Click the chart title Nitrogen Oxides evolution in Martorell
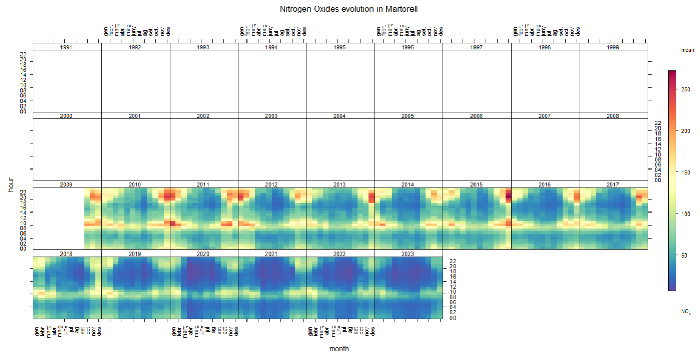[350, 9]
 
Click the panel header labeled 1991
[66, 47]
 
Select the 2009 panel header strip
[66, 184]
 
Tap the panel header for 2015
[476, 184]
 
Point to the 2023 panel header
[408, 253]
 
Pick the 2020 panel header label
[203, 253]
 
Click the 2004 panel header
[339, 116]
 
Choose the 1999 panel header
[613, 47]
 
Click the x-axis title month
[339, 349]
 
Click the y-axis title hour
[11, 184]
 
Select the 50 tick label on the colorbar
[684, 255]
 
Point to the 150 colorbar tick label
[685, 172]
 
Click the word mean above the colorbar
[687, 50]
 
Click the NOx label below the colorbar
[686, 311]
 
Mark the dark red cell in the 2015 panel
[508, 195]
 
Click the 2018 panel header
[66, 253]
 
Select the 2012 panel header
[271, 184]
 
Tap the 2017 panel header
[613, 184]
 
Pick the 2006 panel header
[476, 116]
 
